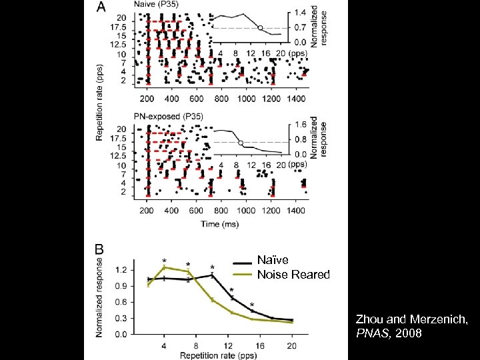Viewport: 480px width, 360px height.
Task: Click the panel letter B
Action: coord(100,249)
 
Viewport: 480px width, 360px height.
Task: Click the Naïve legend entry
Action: coord(273,260)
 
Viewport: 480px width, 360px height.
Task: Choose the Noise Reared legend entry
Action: coord(293,274)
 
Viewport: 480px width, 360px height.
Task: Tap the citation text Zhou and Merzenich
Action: coord(411,320)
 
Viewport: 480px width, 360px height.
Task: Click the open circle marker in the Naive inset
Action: coord(260,28)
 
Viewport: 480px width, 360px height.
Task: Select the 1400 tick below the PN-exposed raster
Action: coord(297,211)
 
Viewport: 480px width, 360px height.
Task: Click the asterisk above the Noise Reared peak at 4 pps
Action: coord(164,260)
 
